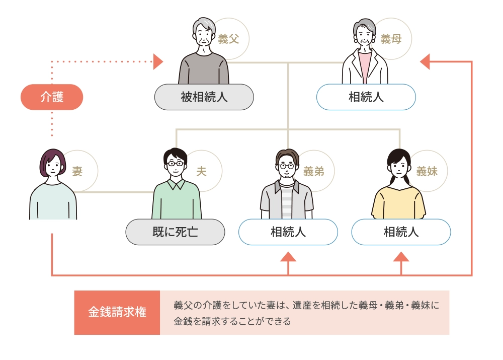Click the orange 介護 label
[x=51, y=97]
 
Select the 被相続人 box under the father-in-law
[x=204, y=97]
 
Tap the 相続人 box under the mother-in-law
[x=366, y=97]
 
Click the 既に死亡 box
[x=175, y=232]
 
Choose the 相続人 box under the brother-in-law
[x=288, y=232]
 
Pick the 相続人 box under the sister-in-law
[x=401, y=232]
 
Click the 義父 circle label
[x=229, y=39]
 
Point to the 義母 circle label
[x=391, y=39]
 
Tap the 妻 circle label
[x=78, y=172]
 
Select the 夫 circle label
[x=201, y=172]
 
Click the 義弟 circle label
[x=314, y=172]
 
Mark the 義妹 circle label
[x=427, y=172]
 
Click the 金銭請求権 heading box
[x=117, y=312]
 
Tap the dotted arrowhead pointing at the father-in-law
[x=158, y=62]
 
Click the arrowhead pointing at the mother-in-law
[x=425, y=62]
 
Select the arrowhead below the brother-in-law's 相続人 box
[x=288, y=257]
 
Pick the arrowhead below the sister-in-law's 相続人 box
[x=401, y=257]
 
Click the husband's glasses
[x=175, y=163]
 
